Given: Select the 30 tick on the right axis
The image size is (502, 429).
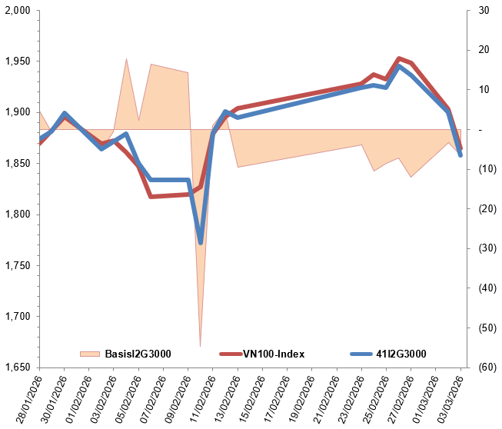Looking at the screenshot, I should pyautogui.click(x=483, y=11).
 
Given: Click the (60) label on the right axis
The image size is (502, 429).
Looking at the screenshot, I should pyautogui.click(x=484, y=367).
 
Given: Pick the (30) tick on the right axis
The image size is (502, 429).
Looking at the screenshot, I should pyautogui.click(x=484, y=248).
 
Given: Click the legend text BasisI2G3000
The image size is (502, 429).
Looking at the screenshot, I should pyautogui.click(x=137, y=354).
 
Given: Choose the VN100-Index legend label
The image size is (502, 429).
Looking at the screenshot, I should pyautogui.click(x=274, y=354).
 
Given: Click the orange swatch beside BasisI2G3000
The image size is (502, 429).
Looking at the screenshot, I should pyautogui.click(x=91, y=354).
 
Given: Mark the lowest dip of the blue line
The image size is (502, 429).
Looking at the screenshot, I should pyautogui.click(x=201, y=242).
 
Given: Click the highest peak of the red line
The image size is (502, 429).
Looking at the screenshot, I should pyautogui.click(x=398, y=58).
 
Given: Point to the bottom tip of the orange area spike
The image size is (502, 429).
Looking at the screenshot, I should pyautogui.click(x=201, y=346).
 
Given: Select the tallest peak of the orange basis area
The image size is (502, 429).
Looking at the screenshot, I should pyautogui.click(x=126, y=58).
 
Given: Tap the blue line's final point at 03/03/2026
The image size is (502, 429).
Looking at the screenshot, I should pyautogui.click(x=460, y=155).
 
